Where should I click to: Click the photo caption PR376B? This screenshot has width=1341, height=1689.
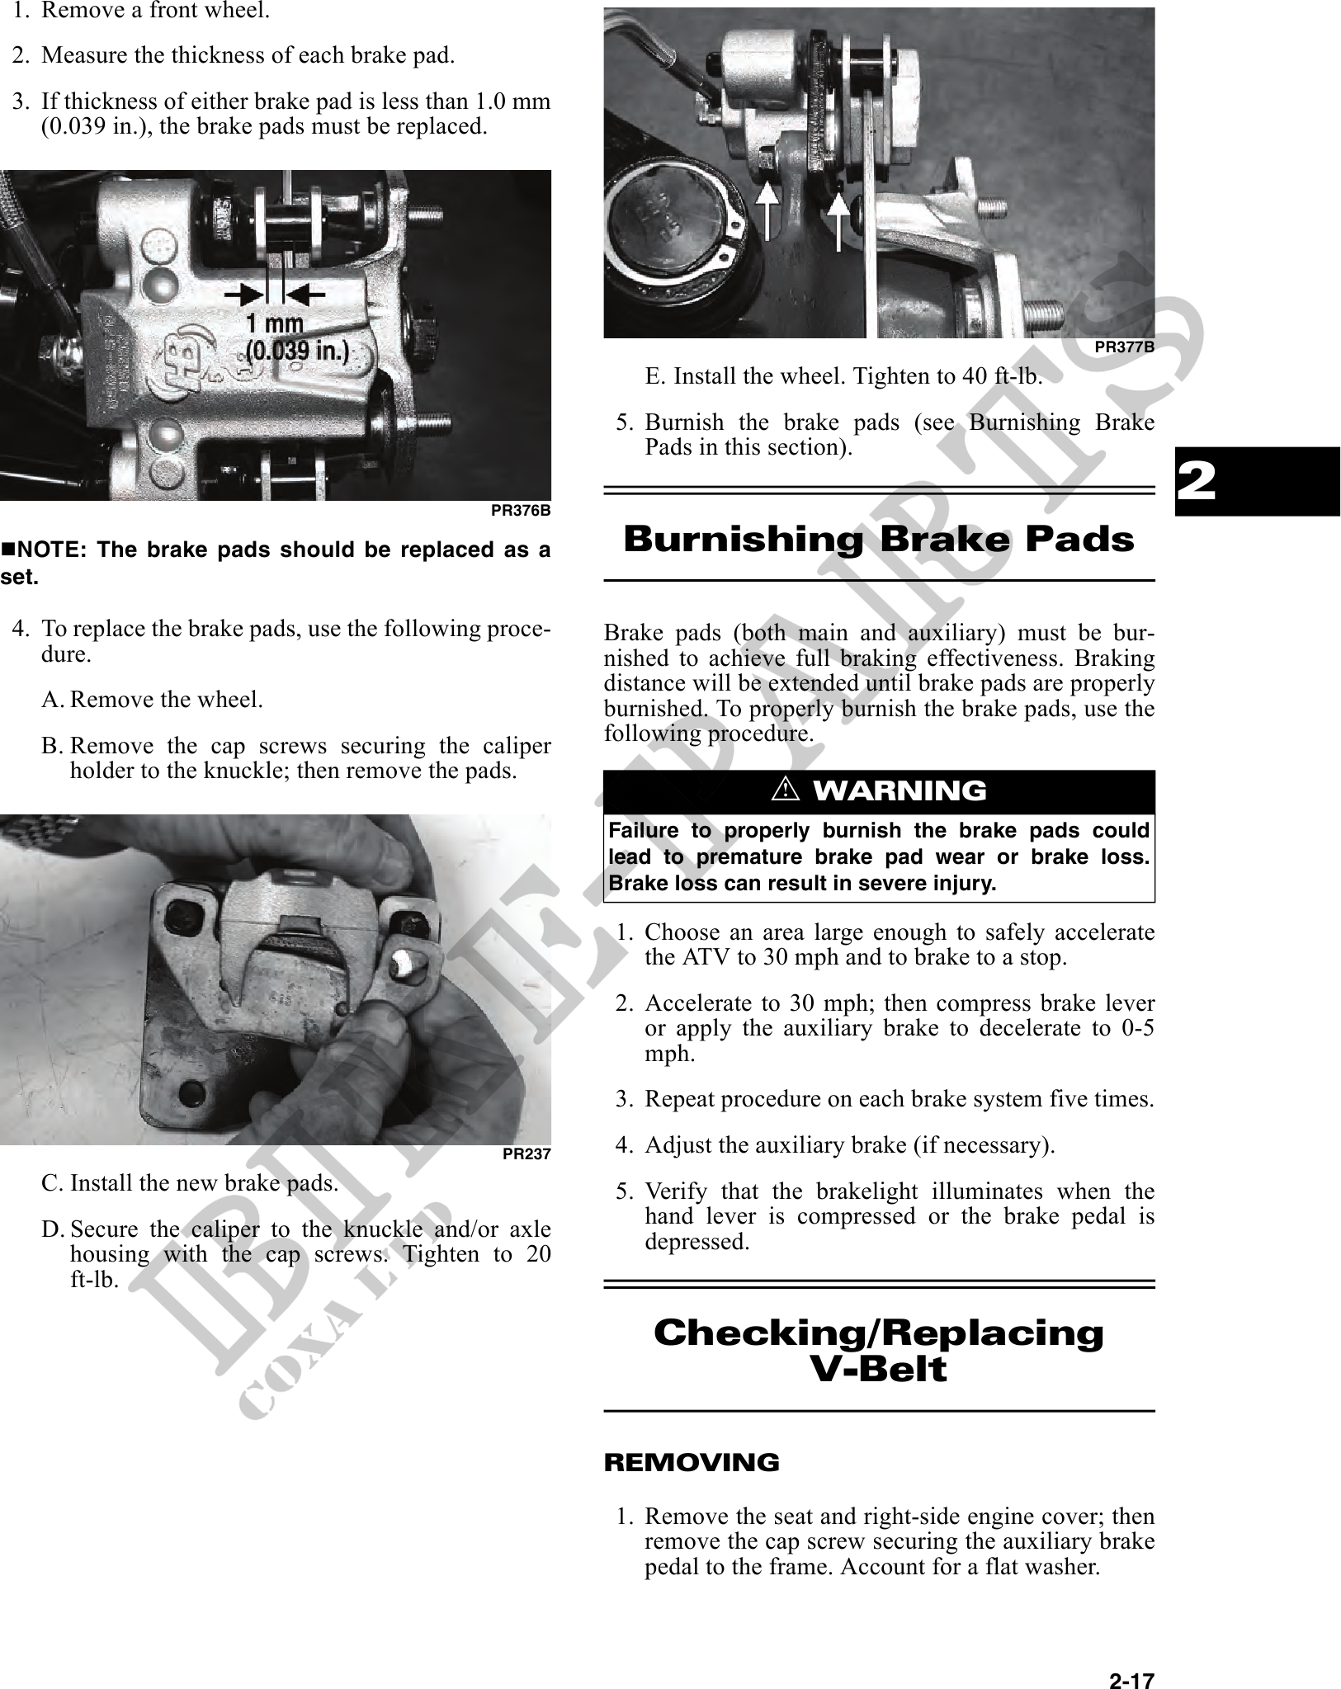pyautogui.click(x=520, y=511)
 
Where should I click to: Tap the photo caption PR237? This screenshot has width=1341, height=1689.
pyautogui.click(x=526, y=1154)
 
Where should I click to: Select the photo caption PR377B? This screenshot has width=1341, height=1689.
pyautogui.click(x=1123, y=347)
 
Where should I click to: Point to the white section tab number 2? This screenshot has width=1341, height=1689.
pyautogui.click(x=1197, y=481)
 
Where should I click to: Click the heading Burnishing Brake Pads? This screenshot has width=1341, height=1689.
pyautogui.click(x=878, y=540)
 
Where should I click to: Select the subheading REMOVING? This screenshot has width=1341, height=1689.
pyautogui.click(x=692, y=1463)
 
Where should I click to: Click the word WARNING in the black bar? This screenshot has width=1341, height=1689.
pyautogui.click(x=900, y=790)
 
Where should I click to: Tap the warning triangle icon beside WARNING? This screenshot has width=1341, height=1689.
pyautogui.click(x=785, y=790)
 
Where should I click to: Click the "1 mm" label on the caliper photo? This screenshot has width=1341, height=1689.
pyautogui.click(x=275, y=323)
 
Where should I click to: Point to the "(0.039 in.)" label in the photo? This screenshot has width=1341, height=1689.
pyautogui.click(x=297, y=351)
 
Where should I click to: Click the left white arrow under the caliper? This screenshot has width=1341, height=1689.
pyautogui.click(x=767, y=215)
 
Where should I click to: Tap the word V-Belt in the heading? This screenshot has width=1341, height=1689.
pyautogui.click(x=878, y=1369)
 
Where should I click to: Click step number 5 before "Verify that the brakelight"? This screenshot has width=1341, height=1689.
pyautogui.click(x=623, y=1191)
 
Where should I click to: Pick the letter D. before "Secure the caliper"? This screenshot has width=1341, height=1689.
pyautogui.click(x=52, y=1229)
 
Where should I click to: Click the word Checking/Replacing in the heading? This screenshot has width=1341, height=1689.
pyautogui.click(x=878, y=1333)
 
